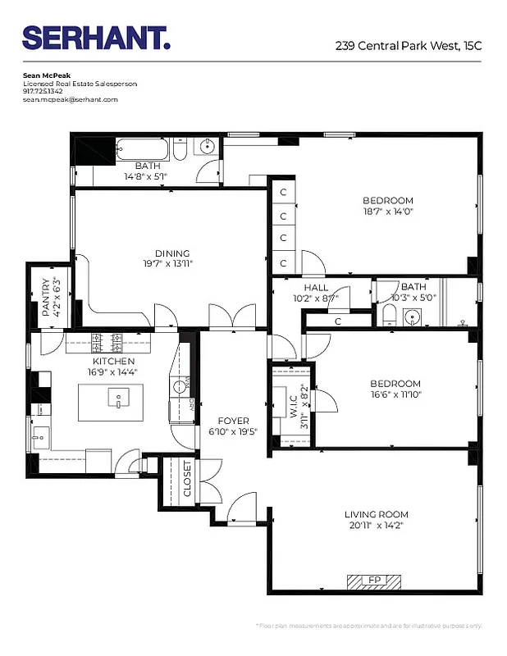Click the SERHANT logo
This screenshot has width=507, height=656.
[97, 39]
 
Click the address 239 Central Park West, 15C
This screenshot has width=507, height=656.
[408, 46]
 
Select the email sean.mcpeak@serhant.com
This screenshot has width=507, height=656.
[71, 99]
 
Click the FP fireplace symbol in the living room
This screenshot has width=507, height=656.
[374, 580]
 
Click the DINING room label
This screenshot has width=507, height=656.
[172, 253]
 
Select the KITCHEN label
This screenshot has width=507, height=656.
[113, 361]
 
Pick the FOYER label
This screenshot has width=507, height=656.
[233, 421]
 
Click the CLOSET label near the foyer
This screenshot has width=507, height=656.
[187, 479]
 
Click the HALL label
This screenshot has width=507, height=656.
[316, 288]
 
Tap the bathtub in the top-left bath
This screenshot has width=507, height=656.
[144, 150]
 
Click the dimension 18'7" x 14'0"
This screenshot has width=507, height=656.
[388, 211]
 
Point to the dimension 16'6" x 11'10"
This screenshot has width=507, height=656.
[395, 394]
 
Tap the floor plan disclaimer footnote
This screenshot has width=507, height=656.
[369, 626]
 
